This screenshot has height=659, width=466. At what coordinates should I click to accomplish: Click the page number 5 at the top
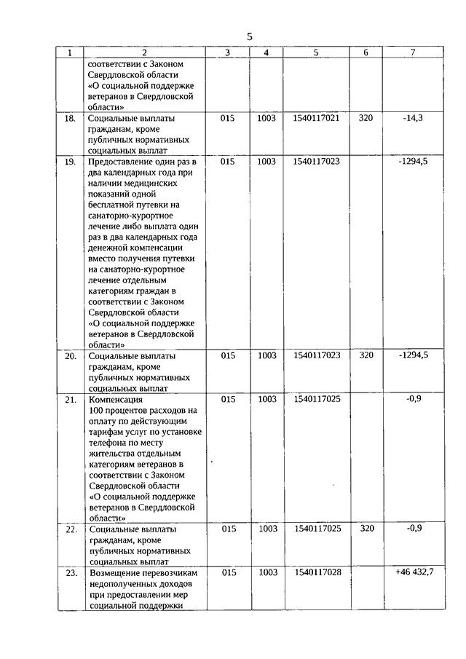pyautogui.click(x=249, y=36)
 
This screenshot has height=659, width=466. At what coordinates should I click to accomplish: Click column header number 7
pyautogui.click(x=413, y=53)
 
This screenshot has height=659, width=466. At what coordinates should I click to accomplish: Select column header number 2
pyautogui.click(x=144, y=53)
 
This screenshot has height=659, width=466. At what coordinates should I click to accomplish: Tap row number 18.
pyautogui.click(x=71, y=118)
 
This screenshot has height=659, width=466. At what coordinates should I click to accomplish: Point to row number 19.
pyautogui.click(x=71, y=162)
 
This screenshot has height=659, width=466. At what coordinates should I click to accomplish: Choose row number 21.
pyautogui.click(x=71, y=400)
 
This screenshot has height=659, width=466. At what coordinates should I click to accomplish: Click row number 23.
pyautogui.click(x=71, y=573)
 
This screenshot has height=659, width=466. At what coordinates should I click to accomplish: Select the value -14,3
pyautogui.click(x=413, y=117)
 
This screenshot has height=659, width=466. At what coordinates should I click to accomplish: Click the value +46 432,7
pyautogui.click(x=414, y=572)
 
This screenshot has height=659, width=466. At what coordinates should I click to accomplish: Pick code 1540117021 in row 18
pyautogui.click(x=316, y=117)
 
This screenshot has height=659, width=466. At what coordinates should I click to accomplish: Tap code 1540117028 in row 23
pyautogui.click(x=316, y=572)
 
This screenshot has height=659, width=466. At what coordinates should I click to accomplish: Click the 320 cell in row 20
pyautogui.click(x=366, y=355)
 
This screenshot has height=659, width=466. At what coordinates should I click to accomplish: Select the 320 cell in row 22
pyautogui.click(x=366, y=529)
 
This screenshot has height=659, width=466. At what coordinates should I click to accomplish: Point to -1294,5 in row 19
pyautogui.click(x=413, y=161)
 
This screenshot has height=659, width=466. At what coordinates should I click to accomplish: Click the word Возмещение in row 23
pyautogui.click(x=112, y=573)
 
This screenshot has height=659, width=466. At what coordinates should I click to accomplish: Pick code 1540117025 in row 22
pyautogui.click(x=316, y=529)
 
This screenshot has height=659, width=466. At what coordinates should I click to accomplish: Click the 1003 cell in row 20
pyautogui.click(x=267, y=355)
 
